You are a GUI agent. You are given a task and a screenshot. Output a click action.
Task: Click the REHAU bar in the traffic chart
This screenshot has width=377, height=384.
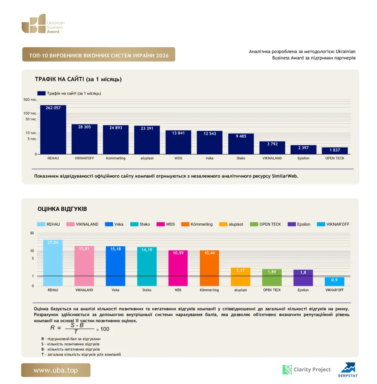[53, 129]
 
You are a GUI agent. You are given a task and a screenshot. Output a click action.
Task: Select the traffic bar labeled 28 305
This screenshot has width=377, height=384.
[84, 139]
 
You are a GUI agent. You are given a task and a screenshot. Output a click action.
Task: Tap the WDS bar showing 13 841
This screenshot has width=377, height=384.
[178, 142]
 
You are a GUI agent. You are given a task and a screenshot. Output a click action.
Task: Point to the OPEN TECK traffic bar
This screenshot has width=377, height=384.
[335, 151]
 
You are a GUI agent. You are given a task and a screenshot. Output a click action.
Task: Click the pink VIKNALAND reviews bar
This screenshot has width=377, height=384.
[84, 266]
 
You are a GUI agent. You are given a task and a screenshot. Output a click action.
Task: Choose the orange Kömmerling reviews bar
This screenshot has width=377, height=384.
[210, 268]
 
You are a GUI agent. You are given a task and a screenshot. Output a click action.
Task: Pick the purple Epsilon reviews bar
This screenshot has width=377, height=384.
[303, 278]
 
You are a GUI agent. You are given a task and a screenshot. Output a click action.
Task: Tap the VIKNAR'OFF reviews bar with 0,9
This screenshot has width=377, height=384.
[335, 282]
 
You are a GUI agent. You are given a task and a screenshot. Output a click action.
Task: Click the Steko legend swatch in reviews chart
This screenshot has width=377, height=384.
[134, 224]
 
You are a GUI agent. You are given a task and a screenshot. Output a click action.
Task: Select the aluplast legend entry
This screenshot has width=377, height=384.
[231, 224]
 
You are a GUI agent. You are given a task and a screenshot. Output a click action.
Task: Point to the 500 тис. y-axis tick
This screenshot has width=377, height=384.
[30, 100]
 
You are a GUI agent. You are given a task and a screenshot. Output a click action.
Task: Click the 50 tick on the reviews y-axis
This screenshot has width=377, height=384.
[32, 233]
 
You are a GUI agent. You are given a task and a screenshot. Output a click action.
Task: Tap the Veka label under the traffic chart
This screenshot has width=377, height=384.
[210, 158]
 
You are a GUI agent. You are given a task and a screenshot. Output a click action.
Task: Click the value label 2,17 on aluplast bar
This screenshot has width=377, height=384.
[240, 270]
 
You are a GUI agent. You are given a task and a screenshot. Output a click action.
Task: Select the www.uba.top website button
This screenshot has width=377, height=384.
[56, 370]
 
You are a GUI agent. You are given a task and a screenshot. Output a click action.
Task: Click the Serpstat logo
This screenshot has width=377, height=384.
[348, 370]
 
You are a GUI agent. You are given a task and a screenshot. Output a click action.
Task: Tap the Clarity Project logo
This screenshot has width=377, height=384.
[307, 369]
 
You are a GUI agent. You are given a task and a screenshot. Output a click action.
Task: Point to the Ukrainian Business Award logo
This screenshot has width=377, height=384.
[43, 24]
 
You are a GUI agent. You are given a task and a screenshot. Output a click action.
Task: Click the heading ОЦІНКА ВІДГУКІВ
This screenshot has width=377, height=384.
[62, 209]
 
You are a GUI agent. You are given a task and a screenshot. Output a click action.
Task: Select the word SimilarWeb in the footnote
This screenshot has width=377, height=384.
[285, 176]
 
